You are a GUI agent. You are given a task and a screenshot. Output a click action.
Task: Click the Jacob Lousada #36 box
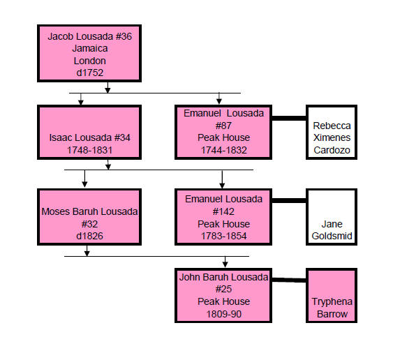pyautogui.click(x=89, y=53)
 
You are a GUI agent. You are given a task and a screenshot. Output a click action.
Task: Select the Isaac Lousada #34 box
pyautogui.click(x=89, y=133)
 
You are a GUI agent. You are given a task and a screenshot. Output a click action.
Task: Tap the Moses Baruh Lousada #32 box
pyautogui.click(x=89, y=217)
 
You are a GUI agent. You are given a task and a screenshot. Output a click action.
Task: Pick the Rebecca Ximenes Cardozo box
pyautogui.click(x=332, y=133)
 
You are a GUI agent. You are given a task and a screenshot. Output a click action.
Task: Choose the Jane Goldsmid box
pyautogui.click(x=332, y=217)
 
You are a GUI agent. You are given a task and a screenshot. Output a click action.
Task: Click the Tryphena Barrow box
pyautogui.click(x=332, y=295)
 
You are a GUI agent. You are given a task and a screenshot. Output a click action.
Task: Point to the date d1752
pyautogui.click(x=90, y=73)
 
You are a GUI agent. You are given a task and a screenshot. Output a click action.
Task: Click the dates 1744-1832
pyautogui.click(x=224, y=150)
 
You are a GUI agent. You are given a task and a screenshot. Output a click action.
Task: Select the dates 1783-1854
pyautogui.click(x=224, y=236)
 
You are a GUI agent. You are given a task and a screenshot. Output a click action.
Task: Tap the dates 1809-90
pyautogui.click(x=224, y=314)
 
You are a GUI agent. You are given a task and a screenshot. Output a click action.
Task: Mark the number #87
pyautogui.click(x=223, y=126)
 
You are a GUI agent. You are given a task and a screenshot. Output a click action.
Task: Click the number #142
pyautogui.click(x=223, y=211)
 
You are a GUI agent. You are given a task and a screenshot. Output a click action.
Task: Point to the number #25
pyautogui.click(x=223, y=289)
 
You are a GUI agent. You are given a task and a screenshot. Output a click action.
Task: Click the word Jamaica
pyautogui.click(x=90, y=48)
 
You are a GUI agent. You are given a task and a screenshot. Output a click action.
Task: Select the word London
pyautogui.click(x=90, y=61)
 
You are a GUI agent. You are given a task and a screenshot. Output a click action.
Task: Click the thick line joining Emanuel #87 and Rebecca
pyautogui.click(x=289, y=118)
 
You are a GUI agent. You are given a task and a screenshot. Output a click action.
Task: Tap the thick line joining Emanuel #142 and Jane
pyautogui.click(x=289, y=201)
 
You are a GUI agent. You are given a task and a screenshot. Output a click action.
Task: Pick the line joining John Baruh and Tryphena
pyautogui.click(x=289, y=280)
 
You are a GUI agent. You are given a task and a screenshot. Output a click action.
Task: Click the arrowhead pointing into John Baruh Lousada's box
pyautogui.click(x=225, y=264)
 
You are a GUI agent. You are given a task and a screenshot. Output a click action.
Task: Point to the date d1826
pyautogui.click(x=89, y=236)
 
